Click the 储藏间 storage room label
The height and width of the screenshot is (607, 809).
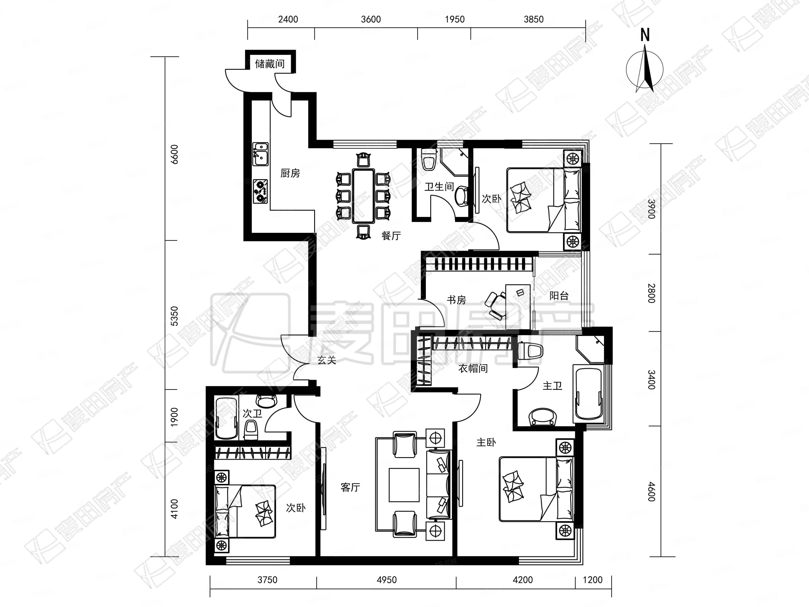(270, 64)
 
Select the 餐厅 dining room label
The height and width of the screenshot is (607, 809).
(391, 236)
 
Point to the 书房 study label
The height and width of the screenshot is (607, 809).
(456, 300)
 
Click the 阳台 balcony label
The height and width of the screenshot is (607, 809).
(559, 295)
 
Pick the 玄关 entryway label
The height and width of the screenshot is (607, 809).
(327, 360)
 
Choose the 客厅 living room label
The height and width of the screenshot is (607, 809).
(350, 487)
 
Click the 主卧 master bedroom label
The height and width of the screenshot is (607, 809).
(486, 442)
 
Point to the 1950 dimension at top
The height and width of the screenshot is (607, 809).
(455, 19)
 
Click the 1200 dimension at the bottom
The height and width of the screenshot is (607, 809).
(592, 580)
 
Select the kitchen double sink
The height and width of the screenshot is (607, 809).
(260, 154)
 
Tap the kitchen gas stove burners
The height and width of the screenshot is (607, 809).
(260, 191)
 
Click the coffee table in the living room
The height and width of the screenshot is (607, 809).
(404, 485)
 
